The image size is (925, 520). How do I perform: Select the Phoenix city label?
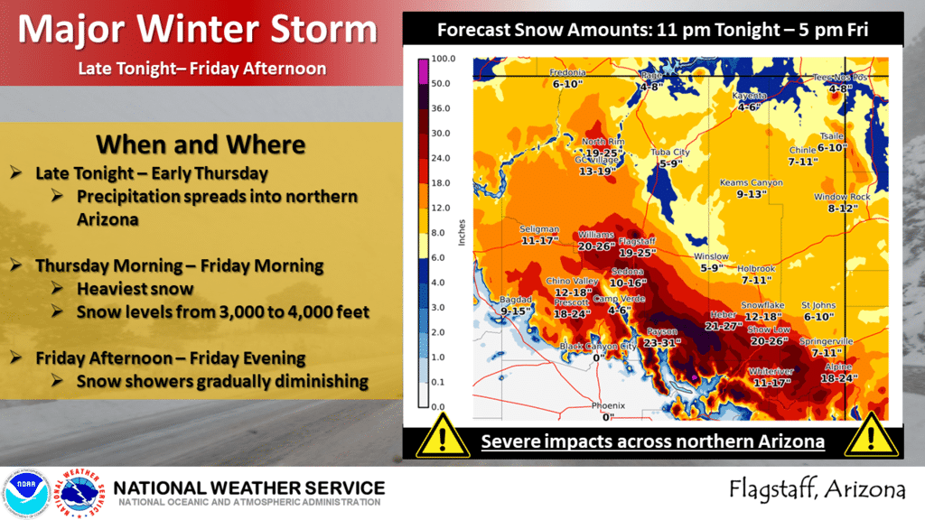tap(607, 404)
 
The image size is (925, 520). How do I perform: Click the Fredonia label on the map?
tap(570, 72)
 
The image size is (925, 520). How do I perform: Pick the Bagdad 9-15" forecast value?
tap(514, 311)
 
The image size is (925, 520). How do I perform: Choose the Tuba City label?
tap(670, 153)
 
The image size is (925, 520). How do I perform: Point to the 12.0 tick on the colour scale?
tap(441, 208)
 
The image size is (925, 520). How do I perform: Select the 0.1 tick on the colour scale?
tap(441, 383)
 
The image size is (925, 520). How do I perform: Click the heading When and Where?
tap(201, 144)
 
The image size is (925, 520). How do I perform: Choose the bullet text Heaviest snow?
tap(135, 289)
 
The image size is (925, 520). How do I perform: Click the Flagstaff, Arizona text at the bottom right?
tap(818, 490)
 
